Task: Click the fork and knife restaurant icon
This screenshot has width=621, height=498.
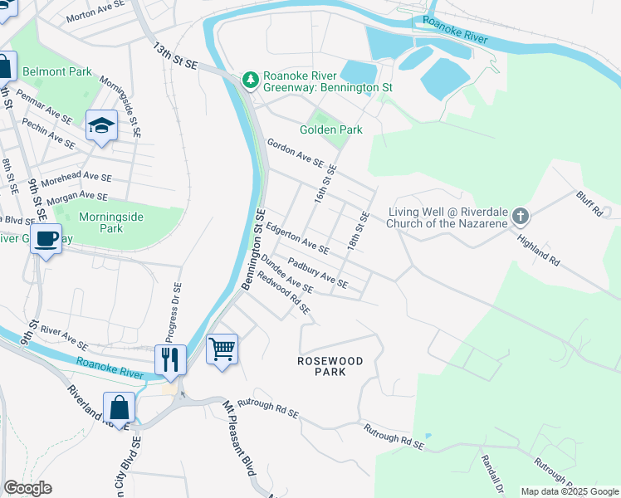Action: point(169,359)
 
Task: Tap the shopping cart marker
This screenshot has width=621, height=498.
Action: point(222,349)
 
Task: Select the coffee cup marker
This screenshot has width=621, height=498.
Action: point(46,239)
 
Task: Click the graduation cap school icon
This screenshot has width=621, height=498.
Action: point(101,126)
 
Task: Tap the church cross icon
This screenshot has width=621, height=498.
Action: point(520,217)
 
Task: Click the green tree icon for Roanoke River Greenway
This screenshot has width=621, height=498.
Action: point(250,80)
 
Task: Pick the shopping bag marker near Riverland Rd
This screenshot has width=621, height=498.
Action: point(120,408)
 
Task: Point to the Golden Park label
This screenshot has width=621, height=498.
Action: point(331,129)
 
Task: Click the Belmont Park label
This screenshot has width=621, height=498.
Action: point(57,72)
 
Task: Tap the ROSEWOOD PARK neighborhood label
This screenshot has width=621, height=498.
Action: point(330,366)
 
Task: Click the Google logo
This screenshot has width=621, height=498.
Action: point(27,488)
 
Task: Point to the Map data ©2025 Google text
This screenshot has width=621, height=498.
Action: point(570,491)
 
